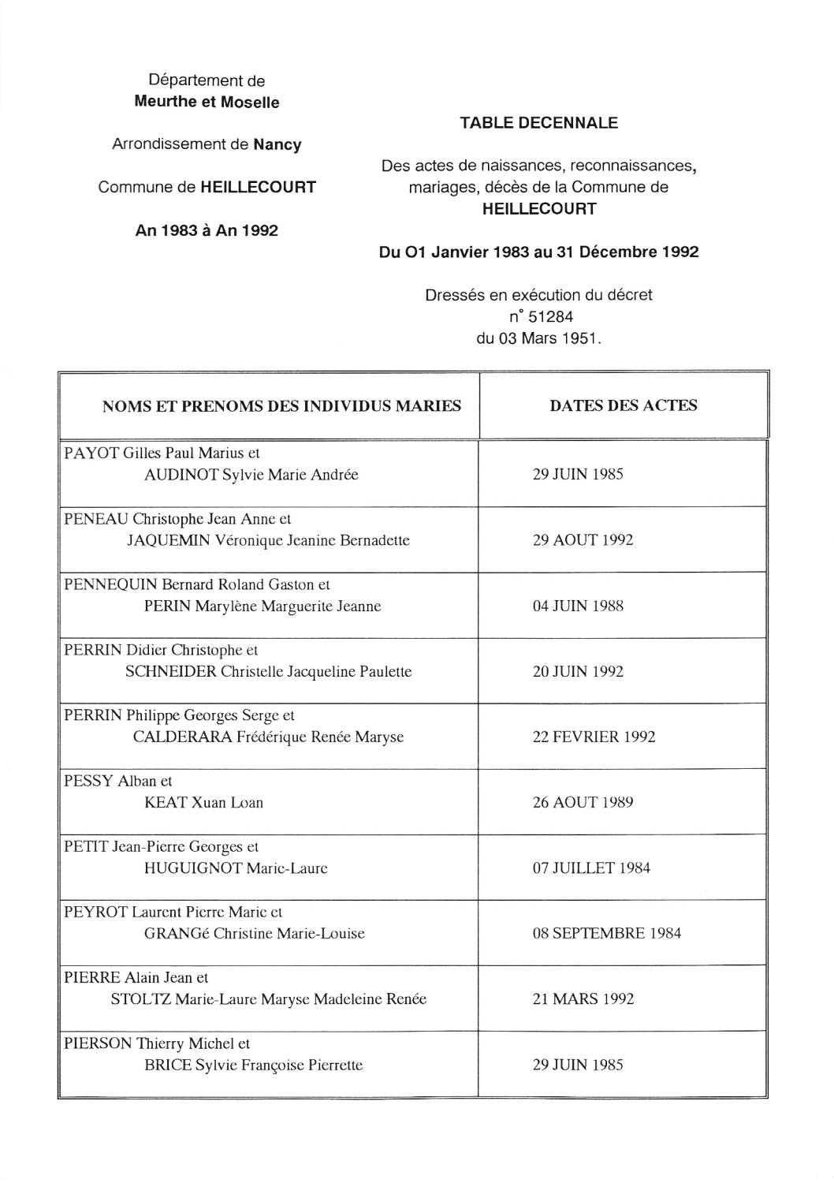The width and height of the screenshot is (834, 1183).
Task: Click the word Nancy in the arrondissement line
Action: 277,145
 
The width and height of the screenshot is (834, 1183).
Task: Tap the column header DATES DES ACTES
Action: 623,405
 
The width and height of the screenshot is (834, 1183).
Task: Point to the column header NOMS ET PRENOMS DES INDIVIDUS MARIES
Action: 281,406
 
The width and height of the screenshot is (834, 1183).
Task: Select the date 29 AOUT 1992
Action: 583,540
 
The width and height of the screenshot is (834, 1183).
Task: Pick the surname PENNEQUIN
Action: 111,584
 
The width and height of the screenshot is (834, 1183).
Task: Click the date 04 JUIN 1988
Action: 578,606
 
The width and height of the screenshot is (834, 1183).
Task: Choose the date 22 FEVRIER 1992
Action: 594,737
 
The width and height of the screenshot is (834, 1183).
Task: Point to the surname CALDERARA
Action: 182,737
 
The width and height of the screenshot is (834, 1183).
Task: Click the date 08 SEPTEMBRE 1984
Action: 606,934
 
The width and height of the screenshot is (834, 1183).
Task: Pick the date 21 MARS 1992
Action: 583,999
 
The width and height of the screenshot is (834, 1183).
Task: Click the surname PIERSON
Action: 98,1043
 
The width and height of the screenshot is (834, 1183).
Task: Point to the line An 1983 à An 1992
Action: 207,231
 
